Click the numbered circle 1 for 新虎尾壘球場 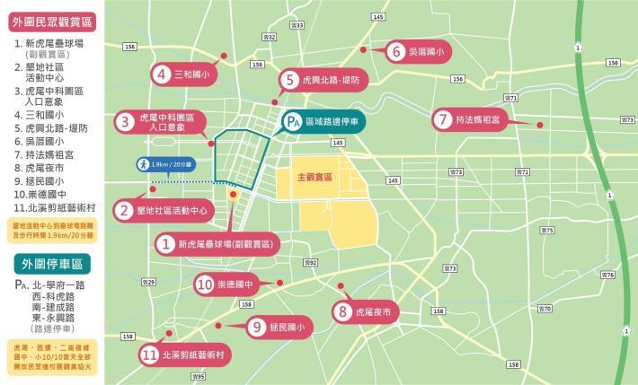(165, 243)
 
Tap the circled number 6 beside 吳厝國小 (396, 52)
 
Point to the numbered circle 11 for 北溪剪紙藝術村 (150, 355)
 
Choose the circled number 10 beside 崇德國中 (204, 285)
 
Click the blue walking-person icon (142, 165)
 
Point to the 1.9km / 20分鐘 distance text (172, 165)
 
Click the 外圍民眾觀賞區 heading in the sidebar (51, 19)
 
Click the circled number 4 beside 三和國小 (162, 74)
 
